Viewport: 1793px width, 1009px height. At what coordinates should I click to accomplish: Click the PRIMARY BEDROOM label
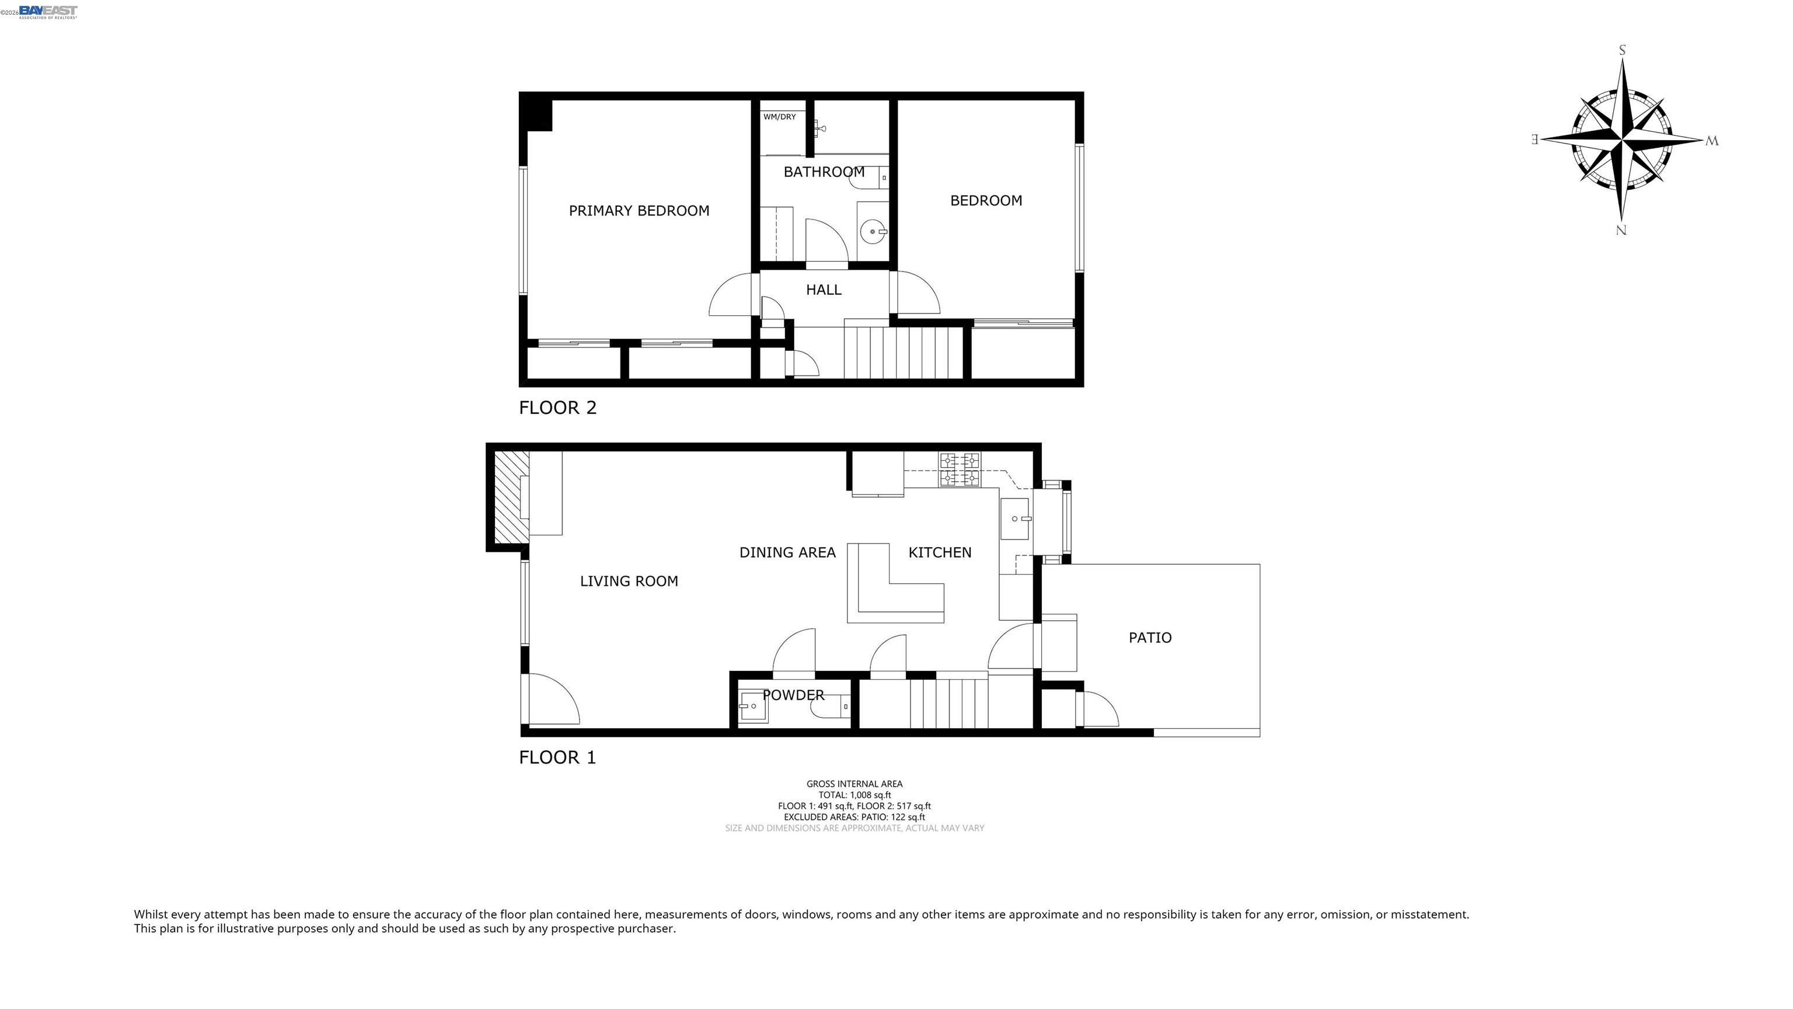point(639,210)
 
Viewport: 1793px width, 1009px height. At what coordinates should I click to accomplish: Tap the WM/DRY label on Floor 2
point(780,117)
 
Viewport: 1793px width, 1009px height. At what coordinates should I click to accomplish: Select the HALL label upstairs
point(824,290)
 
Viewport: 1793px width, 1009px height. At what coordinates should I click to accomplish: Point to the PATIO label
point(1150,637)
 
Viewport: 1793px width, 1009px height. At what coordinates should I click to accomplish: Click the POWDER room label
point(794,695)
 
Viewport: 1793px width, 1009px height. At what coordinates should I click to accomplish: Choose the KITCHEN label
point(940,552)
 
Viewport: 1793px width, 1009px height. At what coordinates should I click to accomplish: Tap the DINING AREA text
point(787,552)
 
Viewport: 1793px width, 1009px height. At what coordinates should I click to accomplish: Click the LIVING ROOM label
point(629,581)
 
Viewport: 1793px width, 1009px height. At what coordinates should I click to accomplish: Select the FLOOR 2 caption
point(557,408)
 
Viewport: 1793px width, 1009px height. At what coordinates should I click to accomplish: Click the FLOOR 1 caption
point(557,757)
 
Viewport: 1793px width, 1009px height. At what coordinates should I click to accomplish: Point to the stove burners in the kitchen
point(960,469)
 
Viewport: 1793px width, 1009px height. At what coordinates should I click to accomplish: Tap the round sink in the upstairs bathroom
point(873,231)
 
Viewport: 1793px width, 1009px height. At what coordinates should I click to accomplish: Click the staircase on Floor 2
point(904,352)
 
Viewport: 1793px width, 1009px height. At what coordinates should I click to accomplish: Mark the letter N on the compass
point(1621,231)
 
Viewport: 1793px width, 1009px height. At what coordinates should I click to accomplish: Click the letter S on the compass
point(1623,50)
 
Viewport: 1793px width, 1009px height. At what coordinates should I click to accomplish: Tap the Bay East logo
point(48,12)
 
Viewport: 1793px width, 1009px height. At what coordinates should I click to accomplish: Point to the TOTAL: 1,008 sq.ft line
point(854,795)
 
